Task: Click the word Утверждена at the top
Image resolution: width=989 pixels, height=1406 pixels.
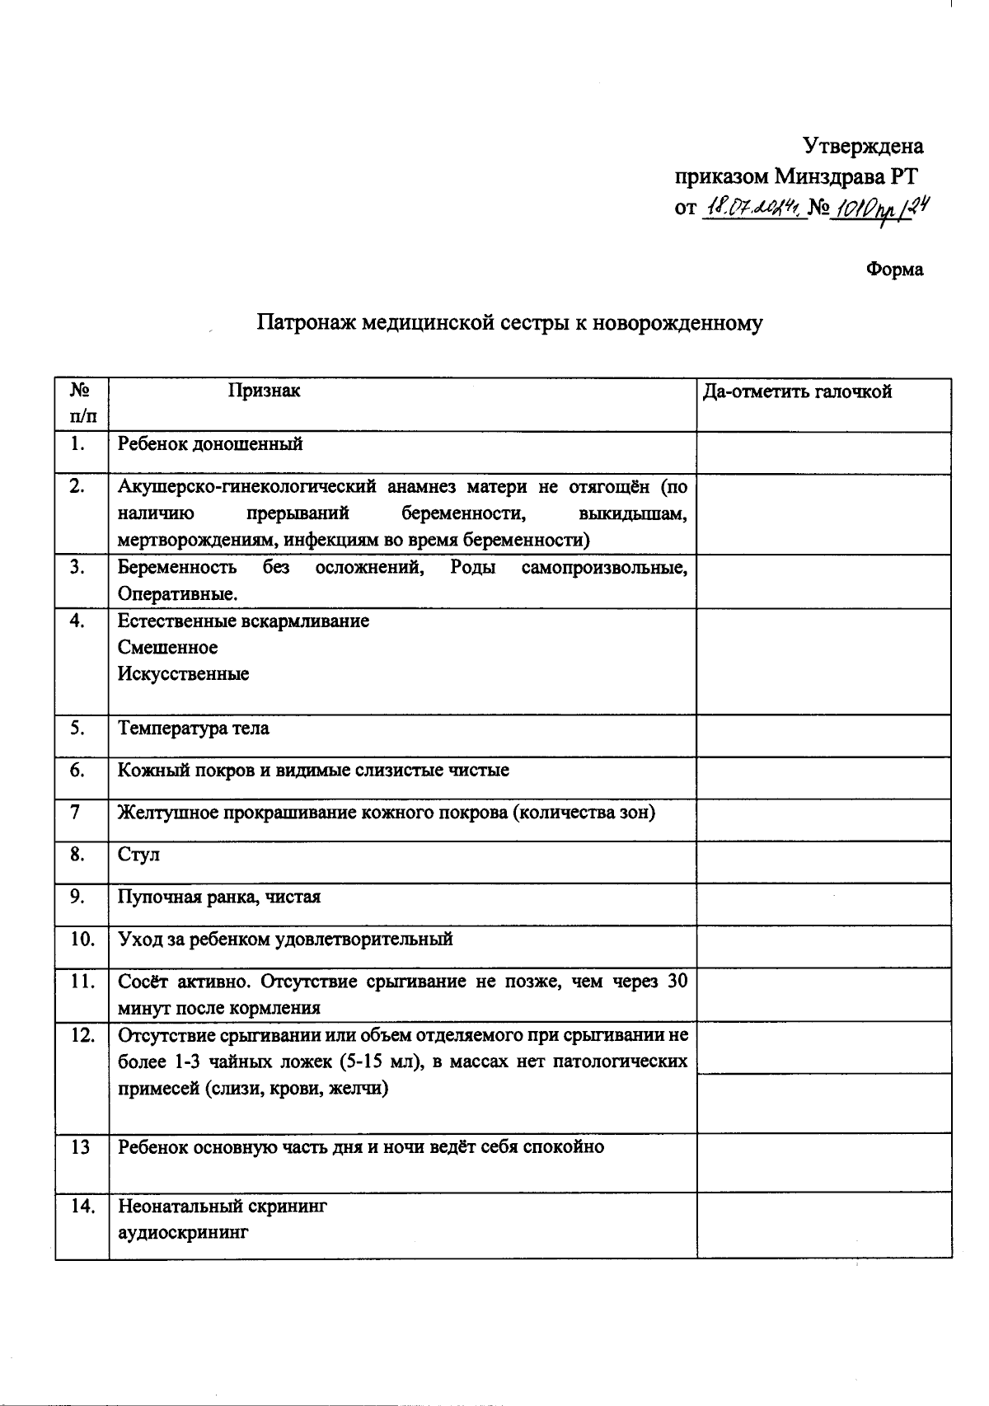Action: [x=862, y=147]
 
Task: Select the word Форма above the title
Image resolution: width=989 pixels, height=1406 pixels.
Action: [x=894, y=269]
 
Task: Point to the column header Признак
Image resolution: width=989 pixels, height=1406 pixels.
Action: [x=265, y=391]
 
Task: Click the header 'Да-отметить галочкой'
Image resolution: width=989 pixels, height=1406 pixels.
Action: [x=797, y=391]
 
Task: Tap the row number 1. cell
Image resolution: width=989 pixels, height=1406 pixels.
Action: [x=79, y=443]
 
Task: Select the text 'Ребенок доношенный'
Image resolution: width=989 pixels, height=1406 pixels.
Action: [x=210, y=444]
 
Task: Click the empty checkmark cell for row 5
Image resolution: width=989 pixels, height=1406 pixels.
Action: [x=823, y=735]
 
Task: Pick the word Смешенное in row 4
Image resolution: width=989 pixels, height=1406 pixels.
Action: [x=167, y=647]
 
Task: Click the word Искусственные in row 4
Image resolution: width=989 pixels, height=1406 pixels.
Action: [x=183, y=673]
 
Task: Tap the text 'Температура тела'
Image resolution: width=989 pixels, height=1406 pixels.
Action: [x=193, y=729]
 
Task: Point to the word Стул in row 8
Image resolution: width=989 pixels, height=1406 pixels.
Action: [x=138, y=855]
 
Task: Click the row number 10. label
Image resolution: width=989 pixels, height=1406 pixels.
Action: [x=82, y=939]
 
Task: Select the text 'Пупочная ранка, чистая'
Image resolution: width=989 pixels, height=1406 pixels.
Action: [x=219, y=897]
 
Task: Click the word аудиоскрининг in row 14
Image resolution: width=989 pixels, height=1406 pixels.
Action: [x=182, y=1233]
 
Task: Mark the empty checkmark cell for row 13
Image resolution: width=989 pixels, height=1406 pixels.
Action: [x=823, y=1162]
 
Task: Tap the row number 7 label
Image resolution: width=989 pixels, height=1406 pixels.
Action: [x=76, y=813]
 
